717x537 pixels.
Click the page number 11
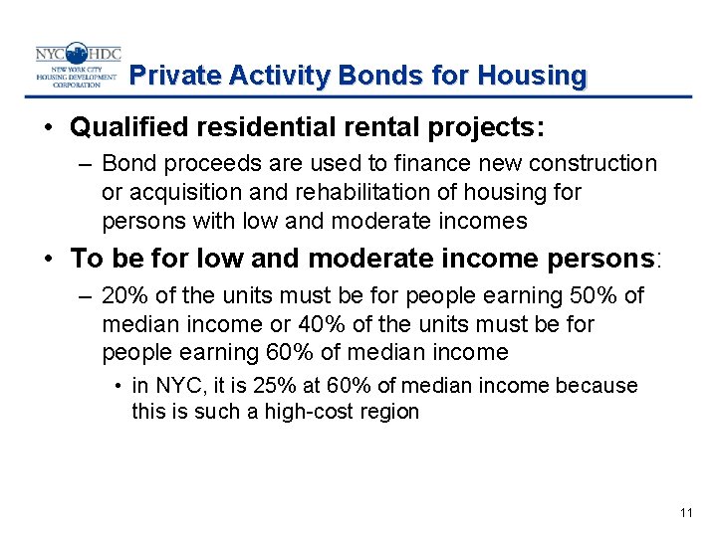[685, 513]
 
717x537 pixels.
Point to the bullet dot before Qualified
[48, 127]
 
